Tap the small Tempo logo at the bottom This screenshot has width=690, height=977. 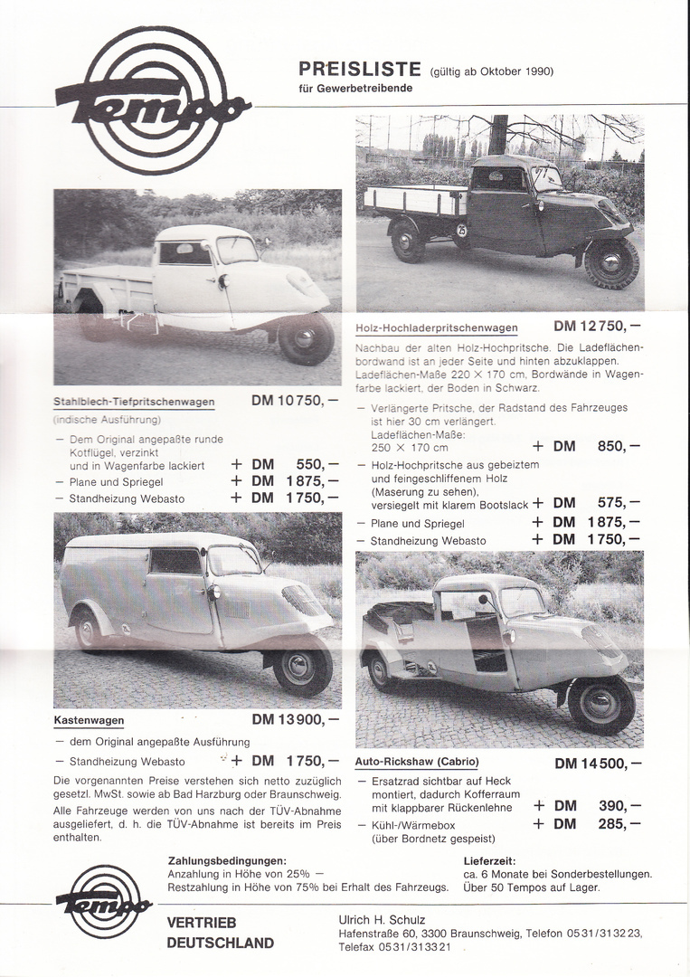tap(104, 901)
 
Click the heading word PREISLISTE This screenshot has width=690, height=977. tap(360, 69)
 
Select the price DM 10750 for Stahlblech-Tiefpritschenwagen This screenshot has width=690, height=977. tap(296, 401)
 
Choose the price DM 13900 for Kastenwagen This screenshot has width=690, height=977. tap(296, 719)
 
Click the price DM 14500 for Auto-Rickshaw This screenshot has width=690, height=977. tap(598, 763)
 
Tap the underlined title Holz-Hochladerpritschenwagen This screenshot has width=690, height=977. tap(436, 328)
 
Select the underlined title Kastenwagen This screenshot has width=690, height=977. tap(89, 721)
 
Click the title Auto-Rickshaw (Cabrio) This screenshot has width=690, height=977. tap(417, 762)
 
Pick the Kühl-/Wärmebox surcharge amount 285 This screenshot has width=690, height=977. tap(619, 824)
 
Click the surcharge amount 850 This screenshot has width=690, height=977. tap(619, 446)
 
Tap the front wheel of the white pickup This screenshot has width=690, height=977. tap(306, 338)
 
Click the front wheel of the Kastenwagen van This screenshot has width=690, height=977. tap(302, 669)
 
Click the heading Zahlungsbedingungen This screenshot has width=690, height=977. tap(227, 860)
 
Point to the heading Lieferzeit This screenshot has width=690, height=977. tap(489, 860)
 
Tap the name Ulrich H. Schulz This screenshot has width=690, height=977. tap(382, 920)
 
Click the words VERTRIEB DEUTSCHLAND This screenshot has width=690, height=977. tap(220, 933)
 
